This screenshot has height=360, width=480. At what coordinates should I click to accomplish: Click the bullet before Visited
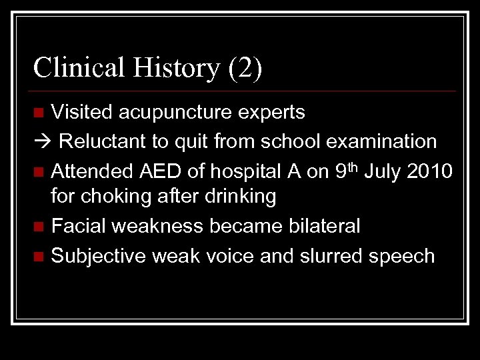[40, 113]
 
